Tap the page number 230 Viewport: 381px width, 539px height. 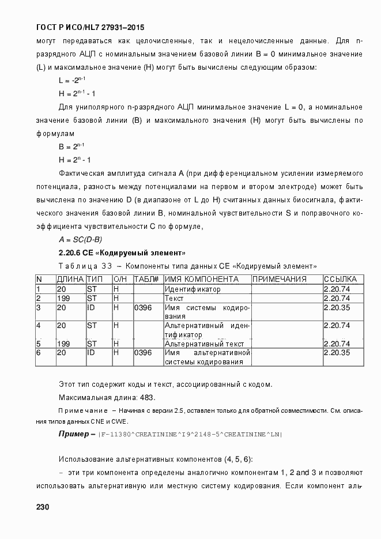click(x=43, y=507)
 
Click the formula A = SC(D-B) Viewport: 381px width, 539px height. click(x=80, y=240)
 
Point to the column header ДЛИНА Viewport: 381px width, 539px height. click(x=70, y=280)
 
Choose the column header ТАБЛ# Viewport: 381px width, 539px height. click(x=146, y=280)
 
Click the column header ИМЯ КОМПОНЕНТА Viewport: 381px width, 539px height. click(x=198, y=280)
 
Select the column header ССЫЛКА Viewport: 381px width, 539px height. click(x=340, y=280)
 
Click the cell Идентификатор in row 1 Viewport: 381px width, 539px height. click(x=193, y=289)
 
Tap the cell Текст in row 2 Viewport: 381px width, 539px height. click(x=174, y=299)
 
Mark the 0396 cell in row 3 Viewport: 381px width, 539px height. click(x=142, y=308)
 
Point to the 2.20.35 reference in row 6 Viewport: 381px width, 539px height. click(x=337, y=352)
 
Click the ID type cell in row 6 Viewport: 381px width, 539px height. click(x=91, y=352)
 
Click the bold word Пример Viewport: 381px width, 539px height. click(x=74, y=433)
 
